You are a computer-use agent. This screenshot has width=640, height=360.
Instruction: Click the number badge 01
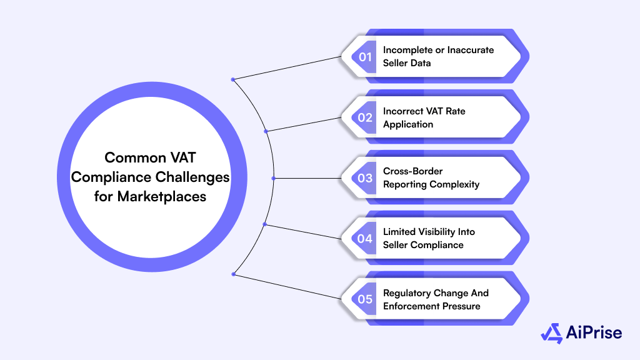pyautogui.click(x=365, y=57)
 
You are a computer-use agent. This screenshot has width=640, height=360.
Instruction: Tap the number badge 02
pyautogui.click(x=365, y=117)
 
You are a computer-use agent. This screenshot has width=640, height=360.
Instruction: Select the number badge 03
pyautogui.click(x=365, y=178)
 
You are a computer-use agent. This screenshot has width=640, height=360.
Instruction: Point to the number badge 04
pyautogui.click(x=365, y=238)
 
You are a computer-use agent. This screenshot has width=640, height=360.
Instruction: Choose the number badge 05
pyautogui.click(x=365, y=299)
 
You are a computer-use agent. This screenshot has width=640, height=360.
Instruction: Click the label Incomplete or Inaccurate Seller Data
pyautogui.click(x=438, y=56)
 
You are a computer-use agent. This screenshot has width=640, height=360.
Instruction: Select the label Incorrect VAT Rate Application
pyautogui.click(x=424, y=117)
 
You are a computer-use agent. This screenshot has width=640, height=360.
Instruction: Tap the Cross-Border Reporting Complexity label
pyautogui.click(x=431, y=177)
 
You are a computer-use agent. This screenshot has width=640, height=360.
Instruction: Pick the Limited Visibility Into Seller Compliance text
pyautogui.click(x=429, y=238)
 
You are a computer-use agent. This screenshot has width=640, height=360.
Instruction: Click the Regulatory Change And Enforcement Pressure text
pyautogui.click(x=436, y=299)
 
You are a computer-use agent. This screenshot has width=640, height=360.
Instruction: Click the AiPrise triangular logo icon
pyautogui.click(x=551, y=334)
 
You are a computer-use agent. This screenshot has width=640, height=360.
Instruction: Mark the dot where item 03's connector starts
pyautogui.click(x=274, y=178)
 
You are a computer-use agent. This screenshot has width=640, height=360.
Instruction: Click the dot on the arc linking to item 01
pyautogui.click(x=233, y=79)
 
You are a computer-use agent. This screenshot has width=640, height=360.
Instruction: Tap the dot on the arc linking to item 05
pyautogui.click(x=233, y=274)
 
